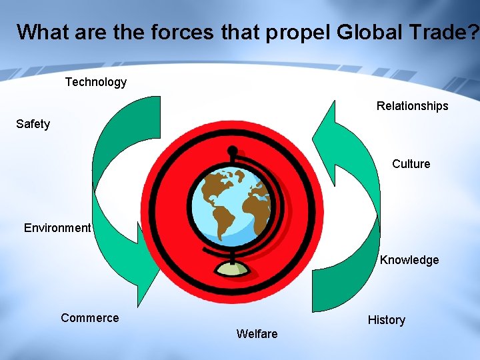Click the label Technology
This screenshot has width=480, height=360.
pos(95,82)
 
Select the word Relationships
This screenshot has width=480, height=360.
pos(412,106)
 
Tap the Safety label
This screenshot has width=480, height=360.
pos(33,124)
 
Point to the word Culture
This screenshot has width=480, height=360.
pos(411,164)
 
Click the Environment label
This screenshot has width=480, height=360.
pos(57,228)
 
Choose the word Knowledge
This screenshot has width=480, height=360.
pos(409,260)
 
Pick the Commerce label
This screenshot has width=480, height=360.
pos(89,318)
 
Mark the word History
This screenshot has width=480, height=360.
pos(386,320)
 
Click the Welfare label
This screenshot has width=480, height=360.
pos(257,333)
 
